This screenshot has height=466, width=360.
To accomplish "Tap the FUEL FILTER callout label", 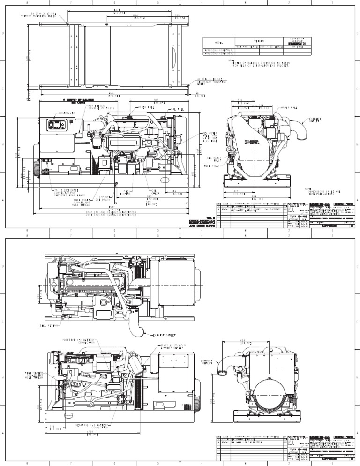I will click(126, 193).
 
